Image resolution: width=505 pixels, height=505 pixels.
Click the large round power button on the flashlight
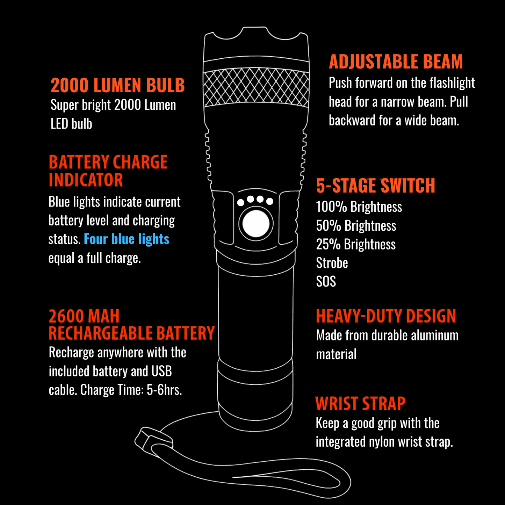tap(256, 223)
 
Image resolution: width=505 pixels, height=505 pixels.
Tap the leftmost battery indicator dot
tap(241, 202)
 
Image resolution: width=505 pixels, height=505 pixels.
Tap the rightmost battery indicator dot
tap(270, 201)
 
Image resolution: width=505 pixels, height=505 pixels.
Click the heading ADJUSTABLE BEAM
tap(396, 62)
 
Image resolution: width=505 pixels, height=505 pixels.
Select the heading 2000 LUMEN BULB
tap(117, 86)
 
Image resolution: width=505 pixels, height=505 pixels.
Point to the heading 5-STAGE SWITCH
tap(375, 186)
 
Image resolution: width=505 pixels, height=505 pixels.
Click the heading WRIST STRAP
tap(360, 404)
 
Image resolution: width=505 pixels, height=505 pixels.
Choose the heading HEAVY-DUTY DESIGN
tap(386, 316)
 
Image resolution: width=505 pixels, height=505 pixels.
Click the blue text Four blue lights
tap(127, 239)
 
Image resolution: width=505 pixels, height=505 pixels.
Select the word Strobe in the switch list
tap(332, 263)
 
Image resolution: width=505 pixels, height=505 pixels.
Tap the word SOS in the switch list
tap(326, 282)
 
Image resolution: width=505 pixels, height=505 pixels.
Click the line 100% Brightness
tap(359, 207)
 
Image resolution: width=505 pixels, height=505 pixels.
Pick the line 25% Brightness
tap(356, 244)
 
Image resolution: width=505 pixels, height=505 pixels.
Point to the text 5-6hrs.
tap(164, 390)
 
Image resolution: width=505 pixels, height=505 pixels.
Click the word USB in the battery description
tap(161, 371)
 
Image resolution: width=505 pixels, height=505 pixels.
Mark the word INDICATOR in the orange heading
tap(86, 180)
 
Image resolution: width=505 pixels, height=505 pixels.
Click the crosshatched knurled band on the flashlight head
tap(256, 87)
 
